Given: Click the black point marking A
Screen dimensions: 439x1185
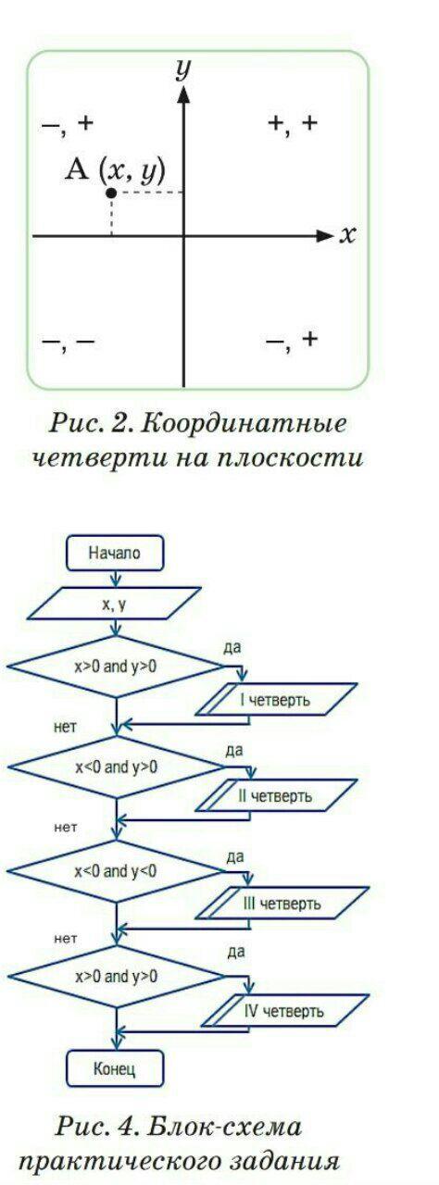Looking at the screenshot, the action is click(x=111, y=193).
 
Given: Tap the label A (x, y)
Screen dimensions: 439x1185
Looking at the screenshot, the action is click(x=115, y=171).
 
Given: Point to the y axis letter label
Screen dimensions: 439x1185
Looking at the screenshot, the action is click(x=183, y=69).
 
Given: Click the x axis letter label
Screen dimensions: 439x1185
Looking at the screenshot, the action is click(x=347, y=234).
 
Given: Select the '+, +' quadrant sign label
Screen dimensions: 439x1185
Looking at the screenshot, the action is click(x=293, y=124).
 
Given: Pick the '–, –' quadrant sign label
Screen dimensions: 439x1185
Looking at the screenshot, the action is click(x=69, y=343).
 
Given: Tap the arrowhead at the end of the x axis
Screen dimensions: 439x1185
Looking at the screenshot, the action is click(x=324, y=236).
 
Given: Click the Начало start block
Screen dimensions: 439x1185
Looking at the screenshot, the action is click(x=115, y=554).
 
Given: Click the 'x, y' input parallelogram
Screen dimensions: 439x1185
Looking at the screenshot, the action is click(x=114, y=603).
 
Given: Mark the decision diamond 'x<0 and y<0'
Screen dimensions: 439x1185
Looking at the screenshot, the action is click(x=116, y=871).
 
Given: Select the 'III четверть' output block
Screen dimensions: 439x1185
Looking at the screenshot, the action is click(x=282, y=903).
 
